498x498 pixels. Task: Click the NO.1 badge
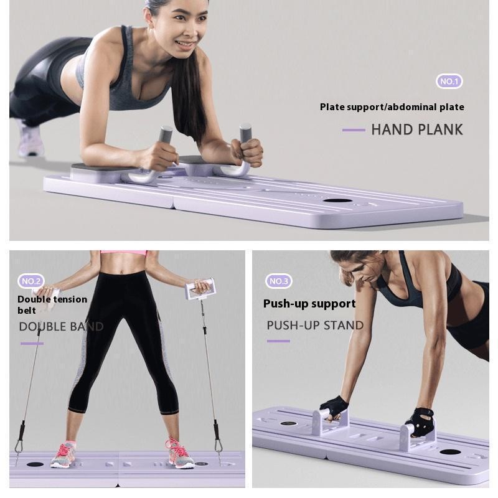[449, 82]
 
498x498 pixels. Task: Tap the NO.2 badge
[31, 281]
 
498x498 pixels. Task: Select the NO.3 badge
[278, 281]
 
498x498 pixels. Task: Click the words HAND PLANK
[417, 129]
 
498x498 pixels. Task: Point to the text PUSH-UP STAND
[315, 326]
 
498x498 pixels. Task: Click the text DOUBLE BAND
[61, 327]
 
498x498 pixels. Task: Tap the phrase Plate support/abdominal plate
[392, 107]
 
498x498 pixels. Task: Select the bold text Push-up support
[309, 304]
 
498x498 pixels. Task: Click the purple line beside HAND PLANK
[354, 130]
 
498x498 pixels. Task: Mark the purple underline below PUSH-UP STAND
[278, 341]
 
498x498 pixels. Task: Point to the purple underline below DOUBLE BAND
[32, 343]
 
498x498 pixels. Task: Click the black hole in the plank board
[337, 200]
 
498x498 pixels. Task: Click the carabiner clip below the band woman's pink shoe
[218, 445]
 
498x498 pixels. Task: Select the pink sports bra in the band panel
[123, 253]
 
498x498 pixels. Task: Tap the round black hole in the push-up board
[449, 452]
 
